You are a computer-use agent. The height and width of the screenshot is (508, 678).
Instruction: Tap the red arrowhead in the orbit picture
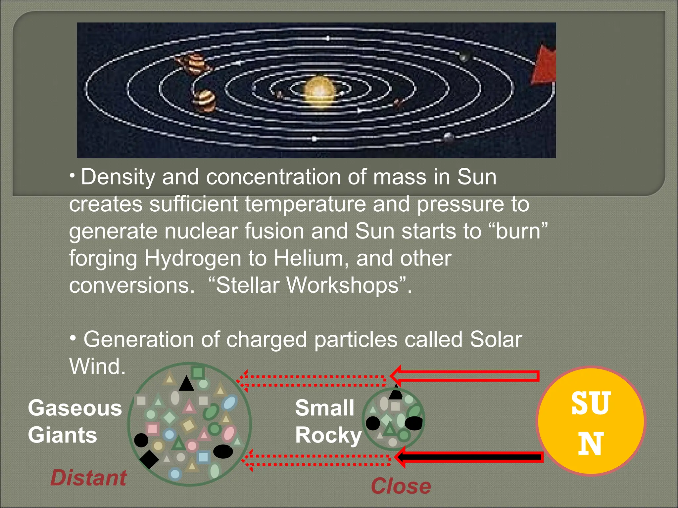tap(544, 66)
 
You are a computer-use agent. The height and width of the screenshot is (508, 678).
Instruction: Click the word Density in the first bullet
tap(118, 177)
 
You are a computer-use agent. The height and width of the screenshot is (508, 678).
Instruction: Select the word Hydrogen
tap(193, 258)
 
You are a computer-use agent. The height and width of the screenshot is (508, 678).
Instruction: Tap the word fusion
tap(274, 231)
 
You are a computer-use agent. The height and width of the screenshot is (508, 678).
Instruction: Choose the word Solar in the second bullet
tap(496, 340)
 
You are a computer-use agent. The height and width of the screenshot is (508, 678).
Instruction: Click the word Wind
tap(97, 366)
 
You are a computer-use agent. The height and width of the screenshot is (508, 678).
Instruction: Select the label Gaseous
tap(75, 408)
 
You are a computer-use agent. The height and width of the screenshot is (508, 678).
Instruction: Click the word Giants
tap(63, 435)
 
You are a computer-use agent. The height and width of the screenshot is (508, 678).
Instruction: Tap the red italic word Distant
tap(88, 478)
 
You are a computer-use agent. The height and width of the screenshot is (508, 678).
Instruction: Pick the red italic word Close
tap(401, 486)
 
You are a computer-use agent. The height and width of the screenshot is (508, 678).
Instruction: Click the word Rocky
tap(328, 435)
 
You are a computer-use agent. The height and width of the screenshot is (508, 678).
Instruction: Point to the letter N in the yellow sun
tap(591, 444)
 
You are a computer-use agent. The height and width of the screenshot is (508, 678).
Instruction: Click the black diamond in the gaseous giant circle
tap(149, 459)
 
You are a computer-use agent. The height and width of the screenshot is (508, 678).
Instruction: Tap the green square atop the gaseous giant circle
tap(198, 372)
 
